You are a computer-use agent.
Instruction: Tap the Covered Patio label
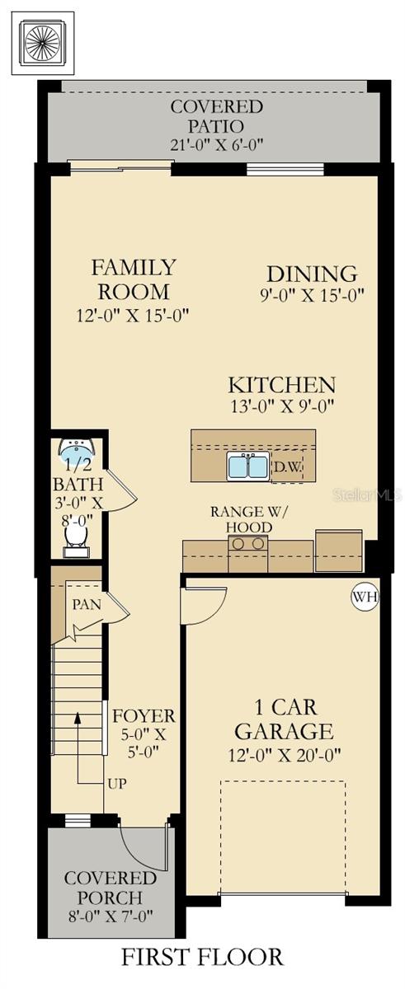[x=217, y=116]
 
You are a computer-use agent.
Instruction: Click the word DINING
[x=312, y=274]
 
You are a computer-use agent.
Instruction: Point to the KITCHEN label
[x=282, y=385]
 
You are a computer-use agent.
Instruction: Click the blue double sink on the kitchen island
[x=248, y=467]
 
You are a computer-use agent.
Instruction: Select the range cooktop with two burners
[x=248, y=544]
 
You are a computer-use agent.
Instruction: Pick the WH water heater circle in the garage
[x=364, y=595]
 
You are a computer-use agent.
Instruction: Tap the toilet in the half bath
[x=76, y=537]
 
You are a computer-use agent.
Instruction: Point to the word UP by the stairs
[x=116, y=783]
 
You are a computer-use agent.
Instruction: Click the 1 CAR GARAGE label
[x=284, y=719]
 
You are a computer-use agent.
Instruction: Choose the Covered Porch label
[x=111, y=888]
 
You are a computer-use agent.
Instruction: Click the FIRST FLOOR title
[x=203, y=957]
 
